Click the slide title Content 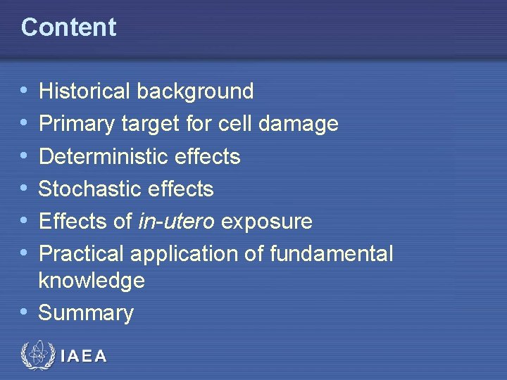click(68, 27)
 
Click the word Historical click(84, 91)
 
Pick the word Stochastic click(87, 189)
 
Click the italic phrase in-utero click(177, 221)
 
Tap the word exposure click(267, 222)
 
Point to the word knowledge click(92, 281)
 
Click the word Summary click(86, 313)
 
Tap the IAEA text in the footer click(84, 356)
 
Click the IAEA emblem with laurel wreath click(37, 355)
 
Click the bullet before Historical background click(25, 91)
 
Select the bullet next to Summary click(25, 312)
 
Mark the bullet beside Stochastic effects click(25, 189)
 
